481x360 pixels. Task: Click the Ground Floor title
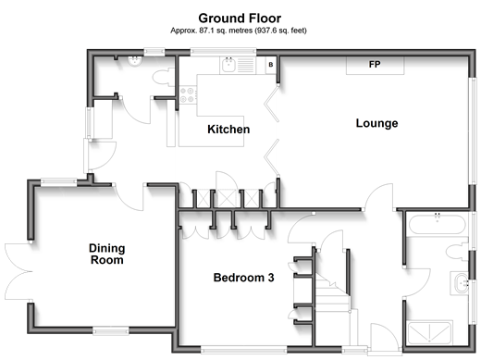(x=240, y=19)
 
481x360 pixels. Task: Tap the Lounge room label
(x=376, y=123)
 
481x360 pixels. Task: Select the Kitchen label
(x=228, y=130)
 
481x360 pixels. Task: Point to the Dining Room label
(x=107, y=254)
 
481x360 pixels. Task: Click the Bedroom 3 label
(x=243, y=278)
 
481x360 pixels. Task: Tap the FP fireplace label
(x=375, y=65)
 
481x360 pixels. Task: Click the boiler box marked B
(x=271, y=65)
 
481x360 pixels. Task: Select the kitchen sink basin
(x=228, y=65)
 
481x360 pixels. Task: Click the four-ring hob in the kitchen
(x=188, y=94)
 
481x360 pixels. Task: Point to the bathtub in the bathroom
(x=437, y=224)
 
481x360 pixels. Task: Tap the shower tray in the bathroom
(x=429, y=332)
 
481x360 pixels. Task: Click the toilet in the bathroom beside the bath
(x=457, y=252)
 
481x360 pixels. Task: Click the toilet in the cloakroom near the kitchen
(x=164, y=78)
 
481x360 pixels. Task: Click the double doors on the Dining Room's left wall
(x=18, y=271)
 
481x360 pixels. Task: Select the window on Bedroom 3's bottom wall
(x=244, y=350)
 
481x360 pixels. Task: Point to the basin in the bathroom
(x=461, y=283)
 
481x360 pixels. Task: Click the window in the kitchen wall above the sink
(x=223, y=52)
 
